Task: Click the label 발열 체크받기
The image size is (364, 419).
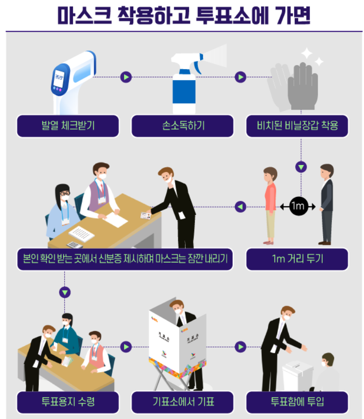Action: (x=68, y=125)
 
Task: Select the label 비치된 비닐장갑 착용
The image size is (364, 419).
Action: (x=297, y=125)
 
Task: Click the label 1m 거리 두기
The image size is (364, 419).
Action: (x=297, y=259)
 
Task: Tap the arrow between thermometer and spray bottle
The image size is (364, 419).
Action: (x=126, y=77)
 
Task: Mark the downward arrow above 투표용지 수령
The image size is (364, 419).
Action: (x=65, y=292)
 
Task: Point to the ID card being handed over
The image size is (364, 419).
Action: (x=145, y=215)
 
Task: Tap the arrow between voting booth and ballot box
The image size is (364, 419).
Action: (x=240, y=347)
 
